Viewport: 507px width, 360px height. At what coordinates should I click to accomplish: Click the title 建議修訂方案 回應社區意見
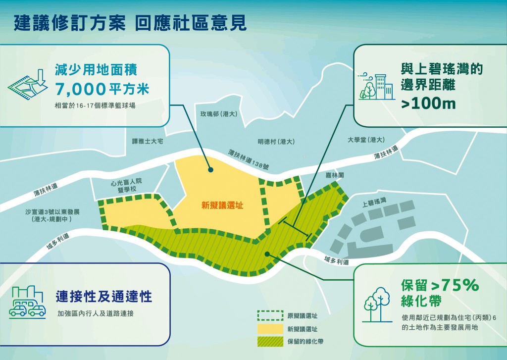click(x=130, y=23)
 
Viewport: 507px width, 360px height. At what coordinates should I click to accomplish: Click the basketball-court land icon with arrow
click(x=28, y=83)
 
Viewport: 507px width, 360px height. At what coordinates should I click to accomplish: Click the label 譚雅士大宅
click(x=144, y=141)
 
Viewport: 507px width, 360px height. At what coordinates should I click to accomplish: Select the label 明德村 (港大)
click(x=276, y=141)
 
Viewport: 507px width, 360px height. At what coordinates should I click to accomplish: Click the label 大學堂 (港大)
click(x=366, y=140)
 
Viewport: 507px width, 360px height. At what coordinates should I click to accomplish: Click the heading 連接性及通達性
click(x=103, y=297)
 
